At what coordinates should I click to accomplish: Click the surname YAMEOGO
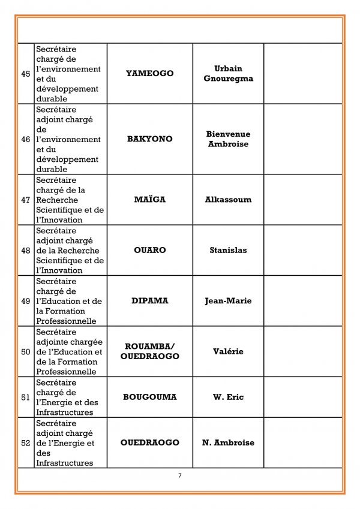tap(149, 74)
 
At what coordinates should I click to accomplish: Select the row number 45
tap(26, 74)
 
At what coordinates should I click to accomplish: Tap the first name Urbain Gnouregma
tap(228, 74)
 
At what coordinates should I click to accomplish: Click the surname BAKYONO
tap(149, 139)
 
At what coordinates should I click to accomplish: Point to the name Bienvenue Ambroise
tap(228, 139)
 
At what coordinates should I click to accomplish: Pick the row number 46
tap(26, 139)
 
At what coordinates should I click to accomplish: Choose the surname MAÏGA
tap(149, 200)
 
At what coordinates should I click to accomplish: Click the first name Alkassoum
tap(228, 200)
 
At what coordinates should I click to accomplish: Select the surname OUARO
tap(149, 250)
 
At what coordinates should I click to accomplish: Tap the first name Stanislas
tap(228, 250)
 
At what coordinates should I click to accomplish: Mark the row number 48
tap(26, 250)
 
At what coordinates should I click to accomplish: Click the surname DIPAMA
tap(149, 301)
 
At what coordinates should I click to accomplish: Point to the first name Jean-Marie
tap(228, 301)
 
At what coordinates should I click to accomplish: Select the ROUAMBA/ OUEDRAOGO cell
tap(149, 351)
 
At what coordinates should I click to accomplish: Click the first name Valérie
tap(228, 351)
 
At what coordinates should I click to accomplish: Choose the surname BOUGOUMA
tap(149, 397)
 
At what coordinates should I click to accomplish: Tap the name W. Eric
tap(228, 397)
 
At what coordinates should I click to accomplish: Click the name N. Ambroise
tap(228, 443)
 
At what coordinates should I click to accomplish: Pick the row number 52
tap(26, 443)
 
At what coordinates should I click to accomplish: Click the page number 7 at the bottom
tap(179, 476)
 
